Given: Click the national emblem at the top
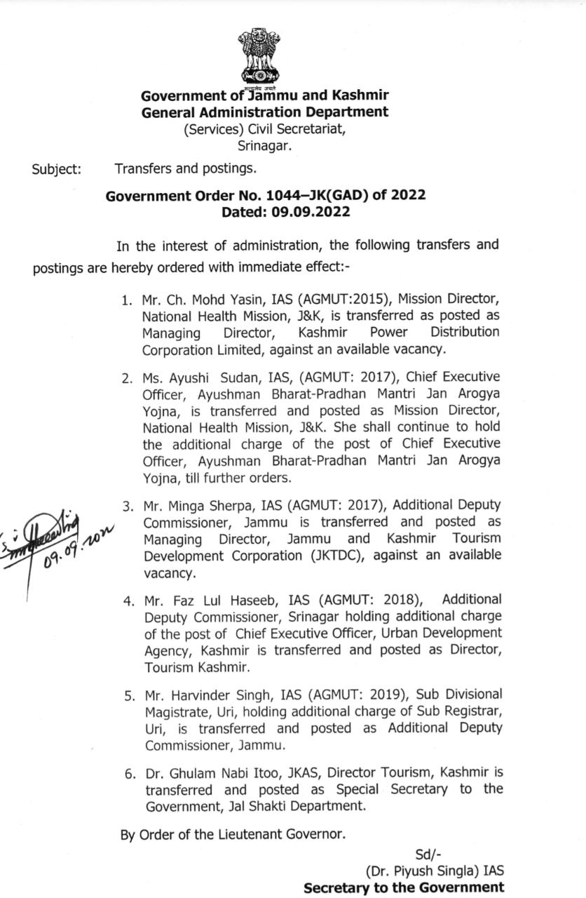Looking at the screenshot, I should [261, 56].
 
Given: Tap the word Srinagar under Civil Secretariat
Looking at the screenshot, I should [264, 146].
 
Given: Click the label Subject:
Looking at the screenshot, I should [56, 169].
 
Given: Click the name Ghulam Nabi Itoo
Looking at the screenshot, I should [231, 773].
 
